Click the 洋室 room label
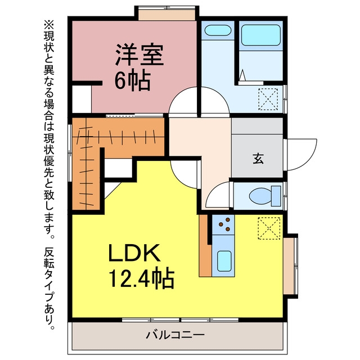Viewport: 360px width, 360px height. pyautogui.click(x=139, y=57)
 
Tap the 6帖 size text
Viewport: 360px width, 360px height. pyautogui.click(x=133, y=81)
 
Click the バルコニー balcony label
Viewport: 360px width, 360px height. pyautogui.click(x=175, y=335)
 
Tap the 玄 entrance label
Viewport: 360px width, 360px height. pyautogui.click(x=257, y=159)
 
